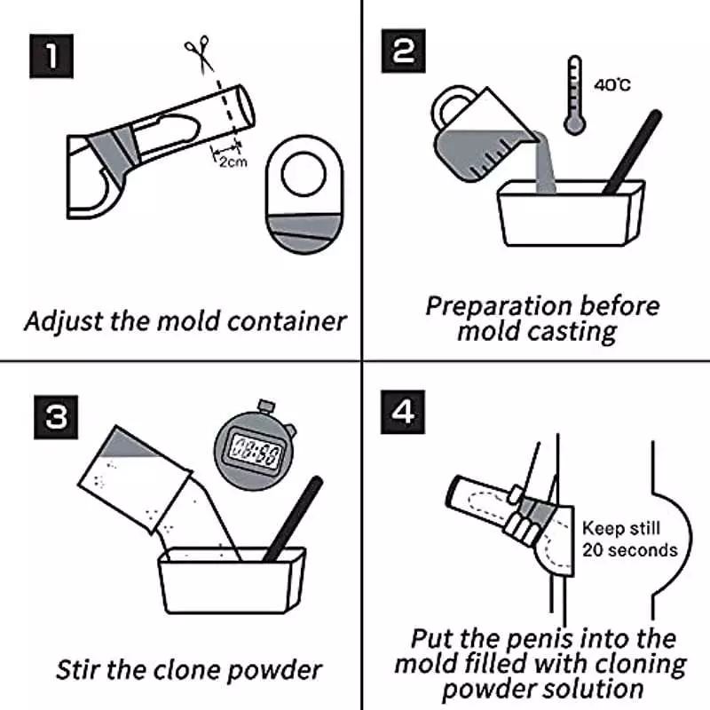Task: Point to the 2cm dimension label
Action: (x=233, y=162)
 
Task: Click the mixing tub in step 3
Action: (x=231, y=581)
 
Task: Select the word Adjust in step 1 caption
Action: (x=61, y=320)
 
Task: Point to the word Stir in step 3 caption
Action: (x=77, y=667)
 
